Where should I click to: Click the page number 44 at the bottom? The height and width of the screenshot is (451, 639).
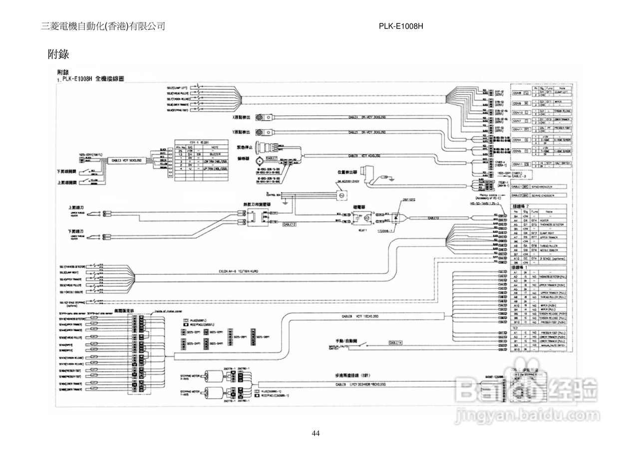pyautogui.click(x=316, y=433)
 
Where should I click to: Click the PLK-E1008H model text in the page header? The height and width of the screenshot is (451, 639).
pyautogui.click(x=401, y=26)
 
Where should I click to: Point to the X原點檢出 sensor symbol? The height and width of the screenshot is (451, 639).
pyautogui.click(x=260, y=118)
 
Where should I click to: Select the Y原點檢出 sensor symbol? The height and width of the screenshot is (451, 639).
pyautogui.click(x=260, y=132)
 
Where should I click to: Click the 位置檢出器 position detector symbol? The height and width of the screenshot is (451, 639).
pyautogui.click(x=370, y=176)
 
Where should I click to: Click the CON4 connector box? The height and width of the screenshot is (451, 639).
pyautogui.click(x=517, y=140)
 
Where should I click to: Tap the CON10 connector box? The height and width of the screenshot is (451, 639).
pyautogui.click(x=517, y=113)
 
